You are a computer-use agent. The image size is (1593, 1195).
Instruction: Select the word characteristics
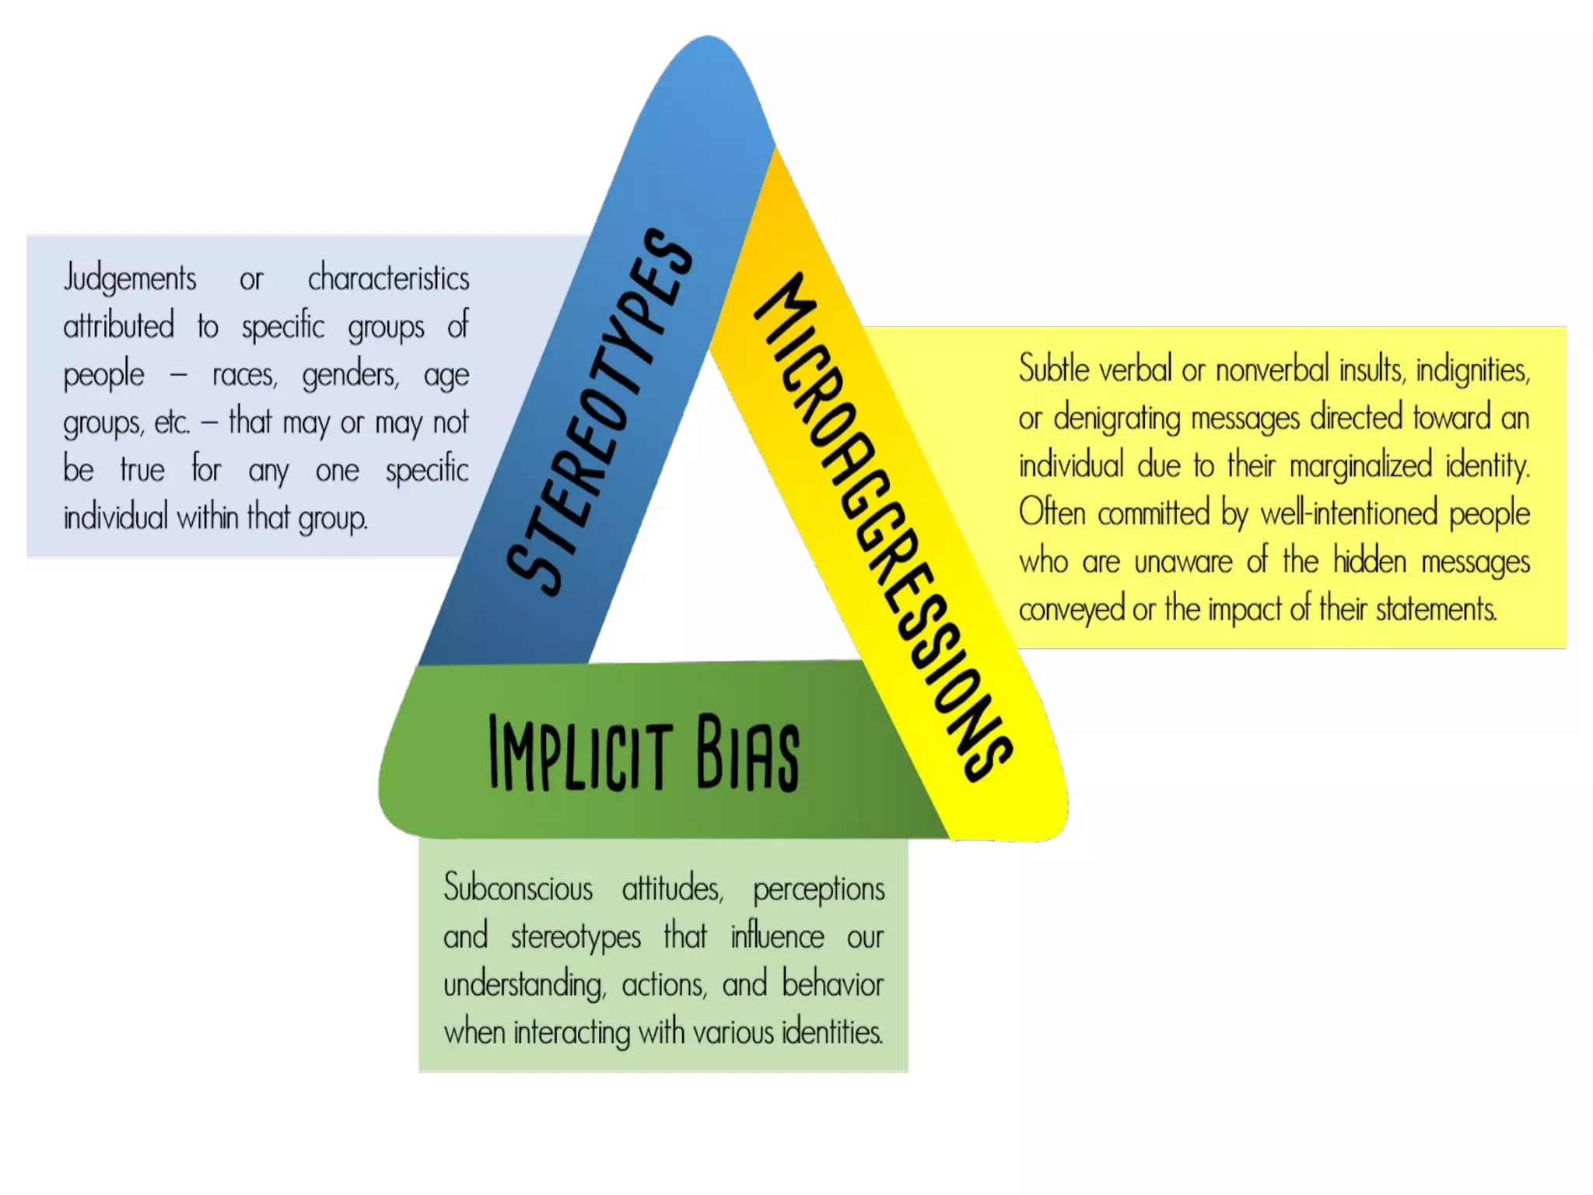tap(388, 279)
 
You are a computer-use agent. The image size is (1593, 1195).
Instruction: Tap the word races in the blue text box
tap(244, 375)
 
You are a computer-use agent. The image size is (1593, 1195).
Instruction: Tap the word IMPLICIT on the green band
tap(580, 753)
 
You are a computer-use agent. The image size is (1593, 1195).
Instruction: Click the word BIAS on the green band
tap(747, 753)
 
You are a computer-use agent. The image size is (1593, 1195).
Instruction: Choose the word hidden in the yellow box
tap(1369, 561)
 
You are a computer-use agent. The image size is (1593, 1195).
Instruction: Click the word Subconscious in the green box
tap(518, 888)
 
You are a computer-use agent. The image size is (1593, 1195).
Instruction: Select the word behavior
tap(832, 984)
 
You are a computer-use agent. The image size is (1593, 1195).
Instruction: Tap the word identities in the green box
tap(832, 1032)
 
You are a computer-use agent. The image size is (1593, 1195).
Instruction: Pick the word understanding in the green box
tap(524, 985)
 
